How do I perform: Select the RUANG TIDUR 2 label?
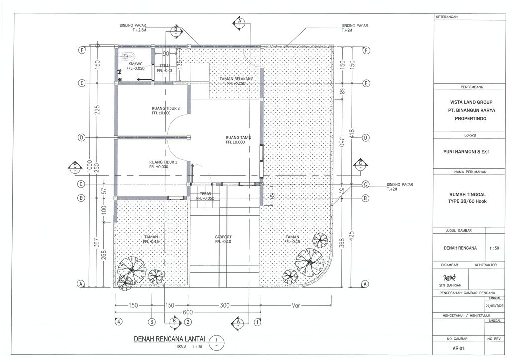166,108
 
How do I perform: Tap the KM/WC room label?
136,64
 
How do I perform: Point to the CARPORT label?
223,237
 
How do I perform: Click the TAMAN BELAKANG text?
237,79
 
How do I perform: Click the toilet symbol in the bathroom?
126,57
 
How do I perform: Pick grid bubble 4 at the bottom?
118,322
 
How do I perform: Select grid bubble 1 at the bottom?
257,322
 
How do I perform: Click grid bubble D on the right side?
366,137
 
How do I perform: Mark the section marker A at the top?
239,22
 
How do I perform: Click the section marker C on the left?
75,167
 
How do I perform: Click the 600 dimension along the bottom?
187,312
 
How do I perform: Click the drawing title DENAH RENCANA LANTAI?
170,339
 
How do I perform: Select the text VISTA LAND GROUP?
471,102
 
